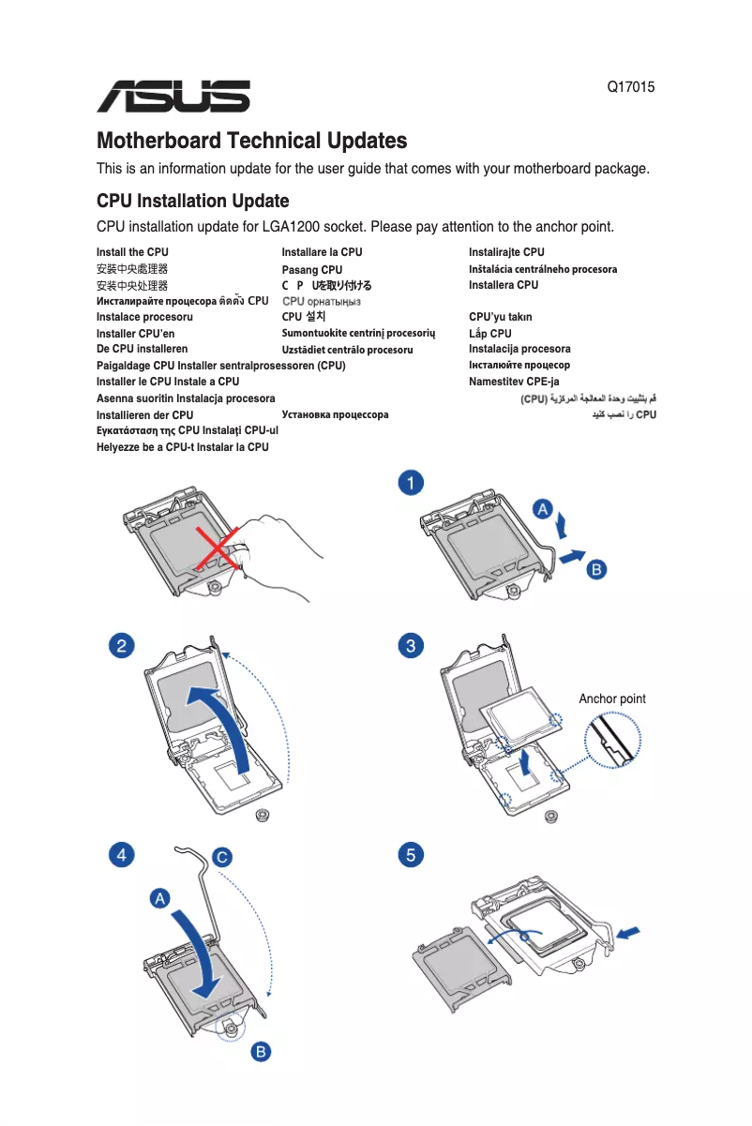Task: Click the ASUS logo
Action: point(173,96)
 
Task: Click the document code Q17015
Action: point(631,87)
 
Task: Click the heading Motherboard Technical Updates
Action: point(251,142)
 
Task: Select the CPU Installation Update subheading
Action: point(192,202)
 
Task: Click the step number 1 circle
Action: point(411,483)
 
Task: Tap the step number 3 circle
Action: point(411,646)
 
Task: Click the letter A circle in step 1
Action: point(542,508)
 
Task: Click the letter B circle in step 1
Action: point(595,569)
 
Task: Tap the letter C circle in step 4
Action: point(221,857)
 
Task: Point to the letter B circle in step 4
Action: point(263,1052)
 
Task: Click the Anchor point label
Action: point(611,699)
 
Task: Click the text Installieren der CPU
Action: point(144,415)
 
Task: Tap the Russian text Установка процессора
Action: point(335,414)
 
